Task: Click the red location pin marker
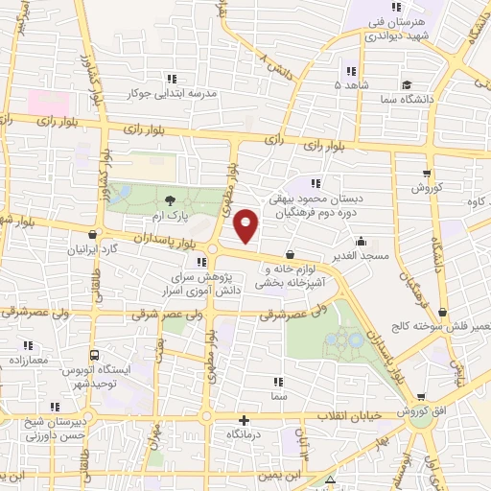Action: pos(246,225)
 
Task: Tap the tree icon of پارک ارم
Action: pos(170,200)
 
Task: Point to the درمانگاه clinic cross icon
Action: pos(245,419)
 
